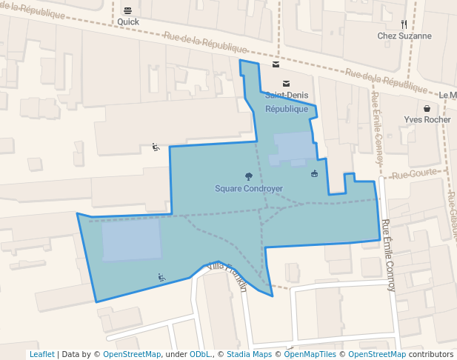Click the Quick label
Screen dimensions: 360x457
pyautogui.click(x=128, y=22)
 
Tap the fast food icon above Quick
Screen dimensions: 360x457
pyautogui.click(x=128, y=10)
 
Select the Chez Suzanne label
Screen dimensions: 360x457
pyautogui.click(x=404, y=36)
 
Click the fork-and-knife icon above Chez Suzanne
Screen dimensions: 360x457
pyautogui.click(x=404, y=24)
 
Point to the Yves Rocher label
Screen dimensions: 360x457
pyautogui.click(x=427, y=119)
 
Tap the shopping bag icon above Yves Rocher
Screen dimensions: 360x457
pyautogui.click(x=427, y=108)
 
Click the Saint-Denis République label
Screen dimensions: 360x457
pyautogui.click(x=287, y=102)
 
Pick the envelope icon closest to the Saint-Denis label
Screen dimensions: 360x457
pyautogui.click(x=287, y=83)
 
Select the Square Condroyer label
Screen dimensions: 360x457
pyautogui.click(x=249, y=189)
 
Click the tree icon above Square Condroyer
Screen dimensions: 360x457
pyautogui.click(x=248, y=176)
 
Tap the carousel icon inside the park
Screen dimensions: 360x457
pyautogui.click(x=315, y=173)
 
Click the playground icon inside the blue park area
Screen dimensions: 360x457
pyautogui.click(x=161, y=278)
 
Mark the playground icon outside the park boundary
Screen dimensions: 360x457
pyautogui.click(x=156, y=147)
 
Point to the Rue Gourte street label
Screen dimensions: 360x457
pyautogui.click(x=410, y=176)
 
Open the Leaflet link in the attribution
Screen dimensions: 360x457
pyautogui.click(x=41, y=354)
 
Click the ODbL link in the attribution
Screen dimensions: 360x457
pyautogui.click(x=201, y=354)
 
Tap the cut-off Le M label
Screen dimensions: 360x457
pyautogui.click(x=447, y=96)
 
